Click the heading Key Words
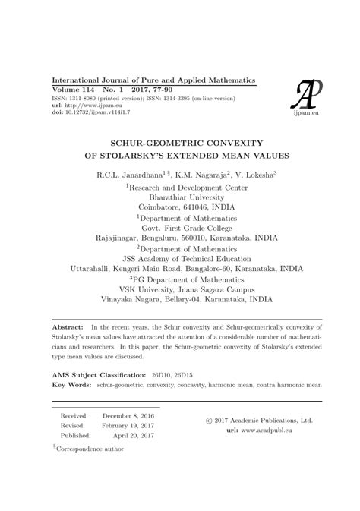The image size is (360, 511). click(71, 385)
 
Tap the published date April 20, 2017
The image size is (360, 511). click(134, 437)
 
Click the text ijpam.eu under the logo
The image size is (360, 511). click(308, 112)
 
